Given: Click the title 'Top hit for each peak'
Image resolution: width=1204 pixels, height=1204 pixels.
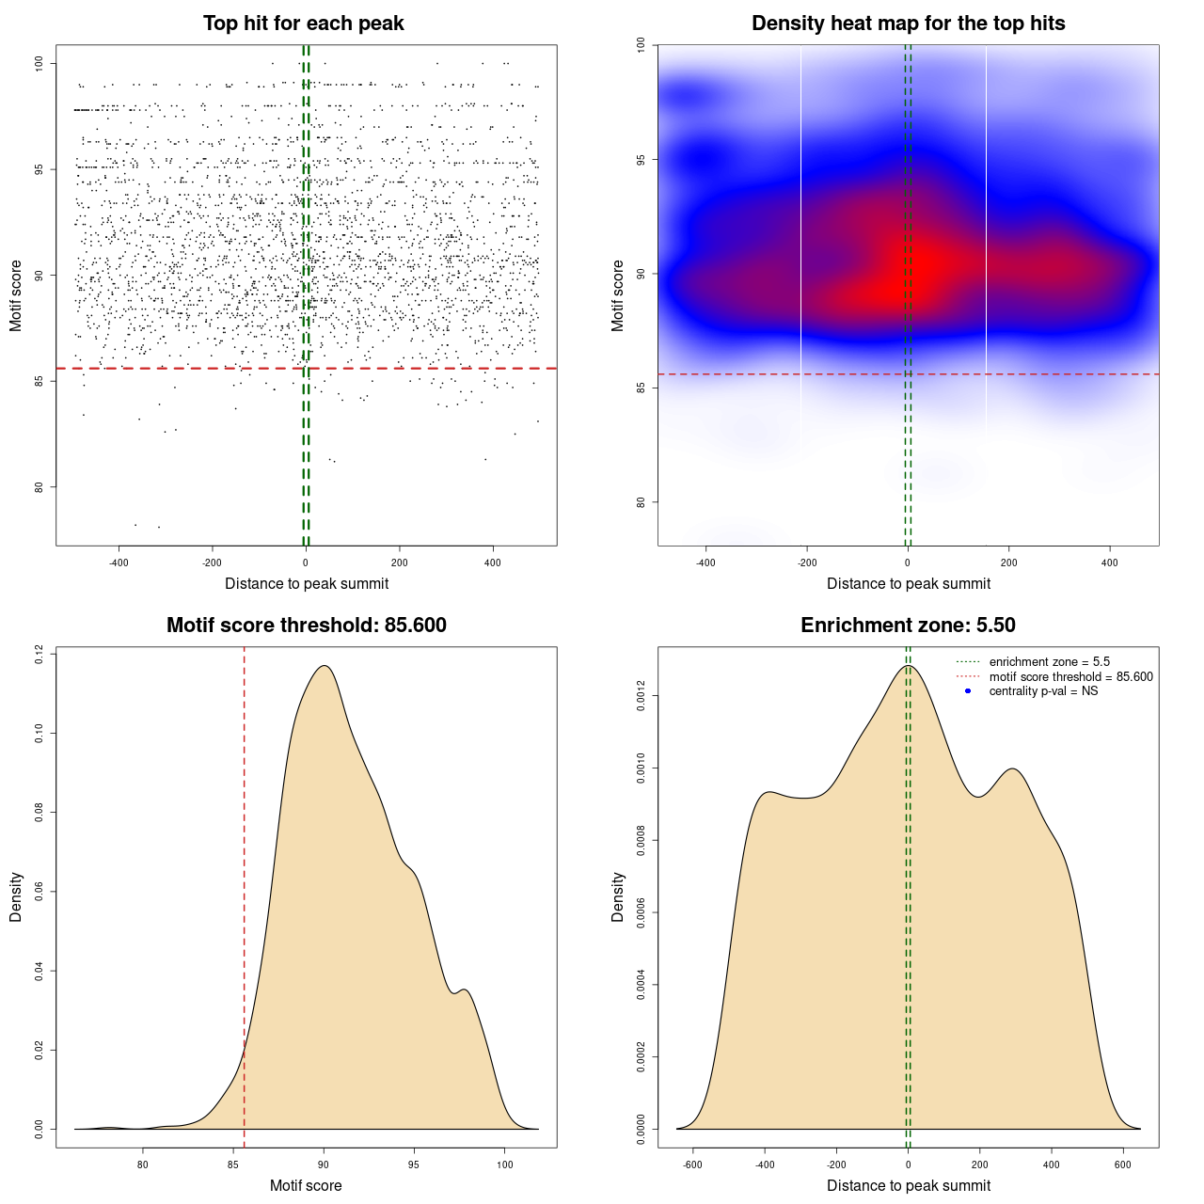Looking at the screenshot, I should pyautogui.click(x=304, y=24).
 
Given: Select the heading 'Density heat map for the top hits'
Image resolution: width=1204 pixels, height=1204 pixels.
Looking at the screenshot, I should pyautogui.click(x=908, y=24).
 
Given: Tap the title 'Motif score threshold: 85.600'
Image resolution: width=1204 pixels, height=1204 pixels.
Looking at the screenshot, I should pyautogui.click(x=306, y=626).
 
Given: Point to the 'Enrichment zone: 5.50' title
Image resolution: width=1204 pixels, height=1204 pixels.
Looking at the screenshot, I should pyautogui.click(x=908, y=626).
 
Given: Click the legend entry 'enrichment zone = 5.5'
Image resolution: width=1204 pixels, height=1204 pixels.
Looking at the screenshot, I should pyautogui.click(x=1049, y=662).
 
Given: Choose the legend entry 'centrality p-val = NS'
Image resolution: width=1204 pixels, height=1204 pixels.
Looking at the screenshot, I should pyautogui.click(x=1043, y=691).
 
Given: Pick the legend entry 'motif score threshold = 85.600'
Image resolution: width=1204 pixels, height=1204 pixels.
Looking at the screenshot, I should pyautogui.click(x=1070, y=677).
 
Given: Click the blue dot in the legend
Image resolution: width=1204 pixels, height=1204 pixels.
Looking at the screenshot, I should pyautogui.click(x=968, y=691).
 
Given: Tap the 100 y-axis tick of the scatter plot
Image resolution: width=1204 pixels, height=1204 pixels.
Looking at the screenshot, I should pyautogui.click(x=40, y=63).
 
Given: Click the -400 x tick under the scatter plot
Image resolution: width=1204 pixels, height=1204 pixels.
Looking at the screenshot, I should pyautogui.click(x=119, y=562).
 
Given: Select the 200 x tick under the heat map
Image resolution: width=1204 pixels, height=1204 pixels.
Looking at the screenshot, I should pyautogui.click(x=1009, y=562).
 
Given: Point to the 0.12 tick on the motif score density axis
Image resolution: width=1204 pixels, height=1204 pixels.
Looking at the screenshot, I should pyautogui.click(x=40, y=654).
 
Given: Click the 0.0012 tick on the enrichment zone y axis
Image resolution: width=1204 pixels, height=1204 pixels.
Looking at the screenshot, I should pyautogui.click(x=642, y=696).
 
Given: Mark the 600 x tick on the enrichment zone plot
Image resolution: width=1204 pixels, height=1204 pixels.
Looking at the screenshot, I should pyautogui.click(x=1123, y=1164).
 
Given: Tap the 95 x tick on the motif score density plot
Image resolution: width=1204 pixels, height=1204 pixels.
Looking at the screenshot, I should pyautogui.click(x=414, y=1164).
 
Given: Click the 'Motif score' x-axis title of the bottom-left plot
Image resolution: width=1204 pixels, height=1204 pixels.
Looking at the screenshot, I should pyautogui.click(x=306, y=1186).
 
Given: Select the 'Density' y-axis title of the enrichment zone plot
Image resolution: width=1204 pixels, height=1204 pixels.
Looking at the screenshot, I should pyautogui.click(x=618, y=896).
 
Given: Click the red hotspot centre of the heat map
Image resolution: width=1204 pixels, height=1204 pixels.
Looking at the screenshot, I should pyautogui.click(x=917, y=268).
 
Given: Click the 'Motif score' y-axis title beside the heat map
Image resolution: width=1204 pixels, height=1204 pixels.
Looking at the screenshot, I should pyautogui.click(x=618, y=295).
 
